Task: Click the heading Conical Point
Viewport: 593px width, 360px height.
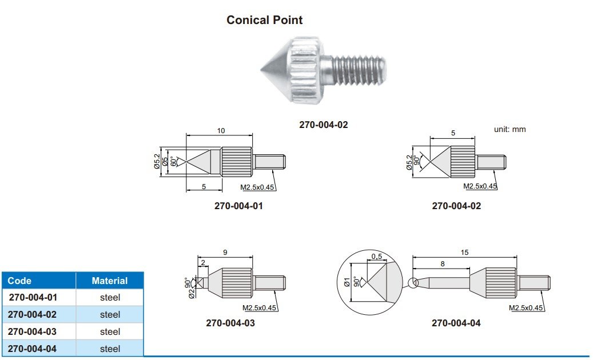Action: click(x=264, y=20)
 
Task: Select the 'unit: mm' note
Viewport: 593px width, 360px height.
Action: click(x=510, y=130)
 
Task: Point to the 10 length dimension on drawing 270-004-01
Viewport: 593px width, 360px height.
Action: click(x=221, y=131)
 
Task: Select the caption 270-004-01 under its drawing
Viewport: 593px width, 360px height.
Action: click(x=239, y=206)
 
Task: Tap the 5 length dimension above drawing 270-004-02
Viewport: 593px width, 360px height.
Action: click(x=453, y=133)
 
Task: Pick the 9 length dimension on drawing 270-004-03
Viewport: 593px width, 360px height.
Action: click(x=224, y=251)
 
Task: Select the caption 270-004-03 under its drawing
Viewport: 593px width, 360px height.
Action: click(x=230, y=323)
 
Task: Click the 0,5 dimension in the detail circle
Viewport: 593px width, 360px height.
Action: click(x=376, y=257)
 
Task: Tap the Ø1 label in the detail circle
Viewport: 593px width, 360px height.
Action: click(x=346, y=282)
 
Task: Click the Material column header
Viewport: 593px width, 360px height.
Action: click(x=110, y=281)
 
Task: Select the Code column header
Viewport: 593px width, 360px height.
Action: click(x=19, y=281)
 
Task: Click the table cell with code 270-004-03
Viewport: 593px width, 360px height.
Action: click(x=32, y=331)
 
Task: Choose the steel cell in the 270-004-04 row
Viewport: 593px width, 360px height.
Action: click(x=110, y=349)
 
